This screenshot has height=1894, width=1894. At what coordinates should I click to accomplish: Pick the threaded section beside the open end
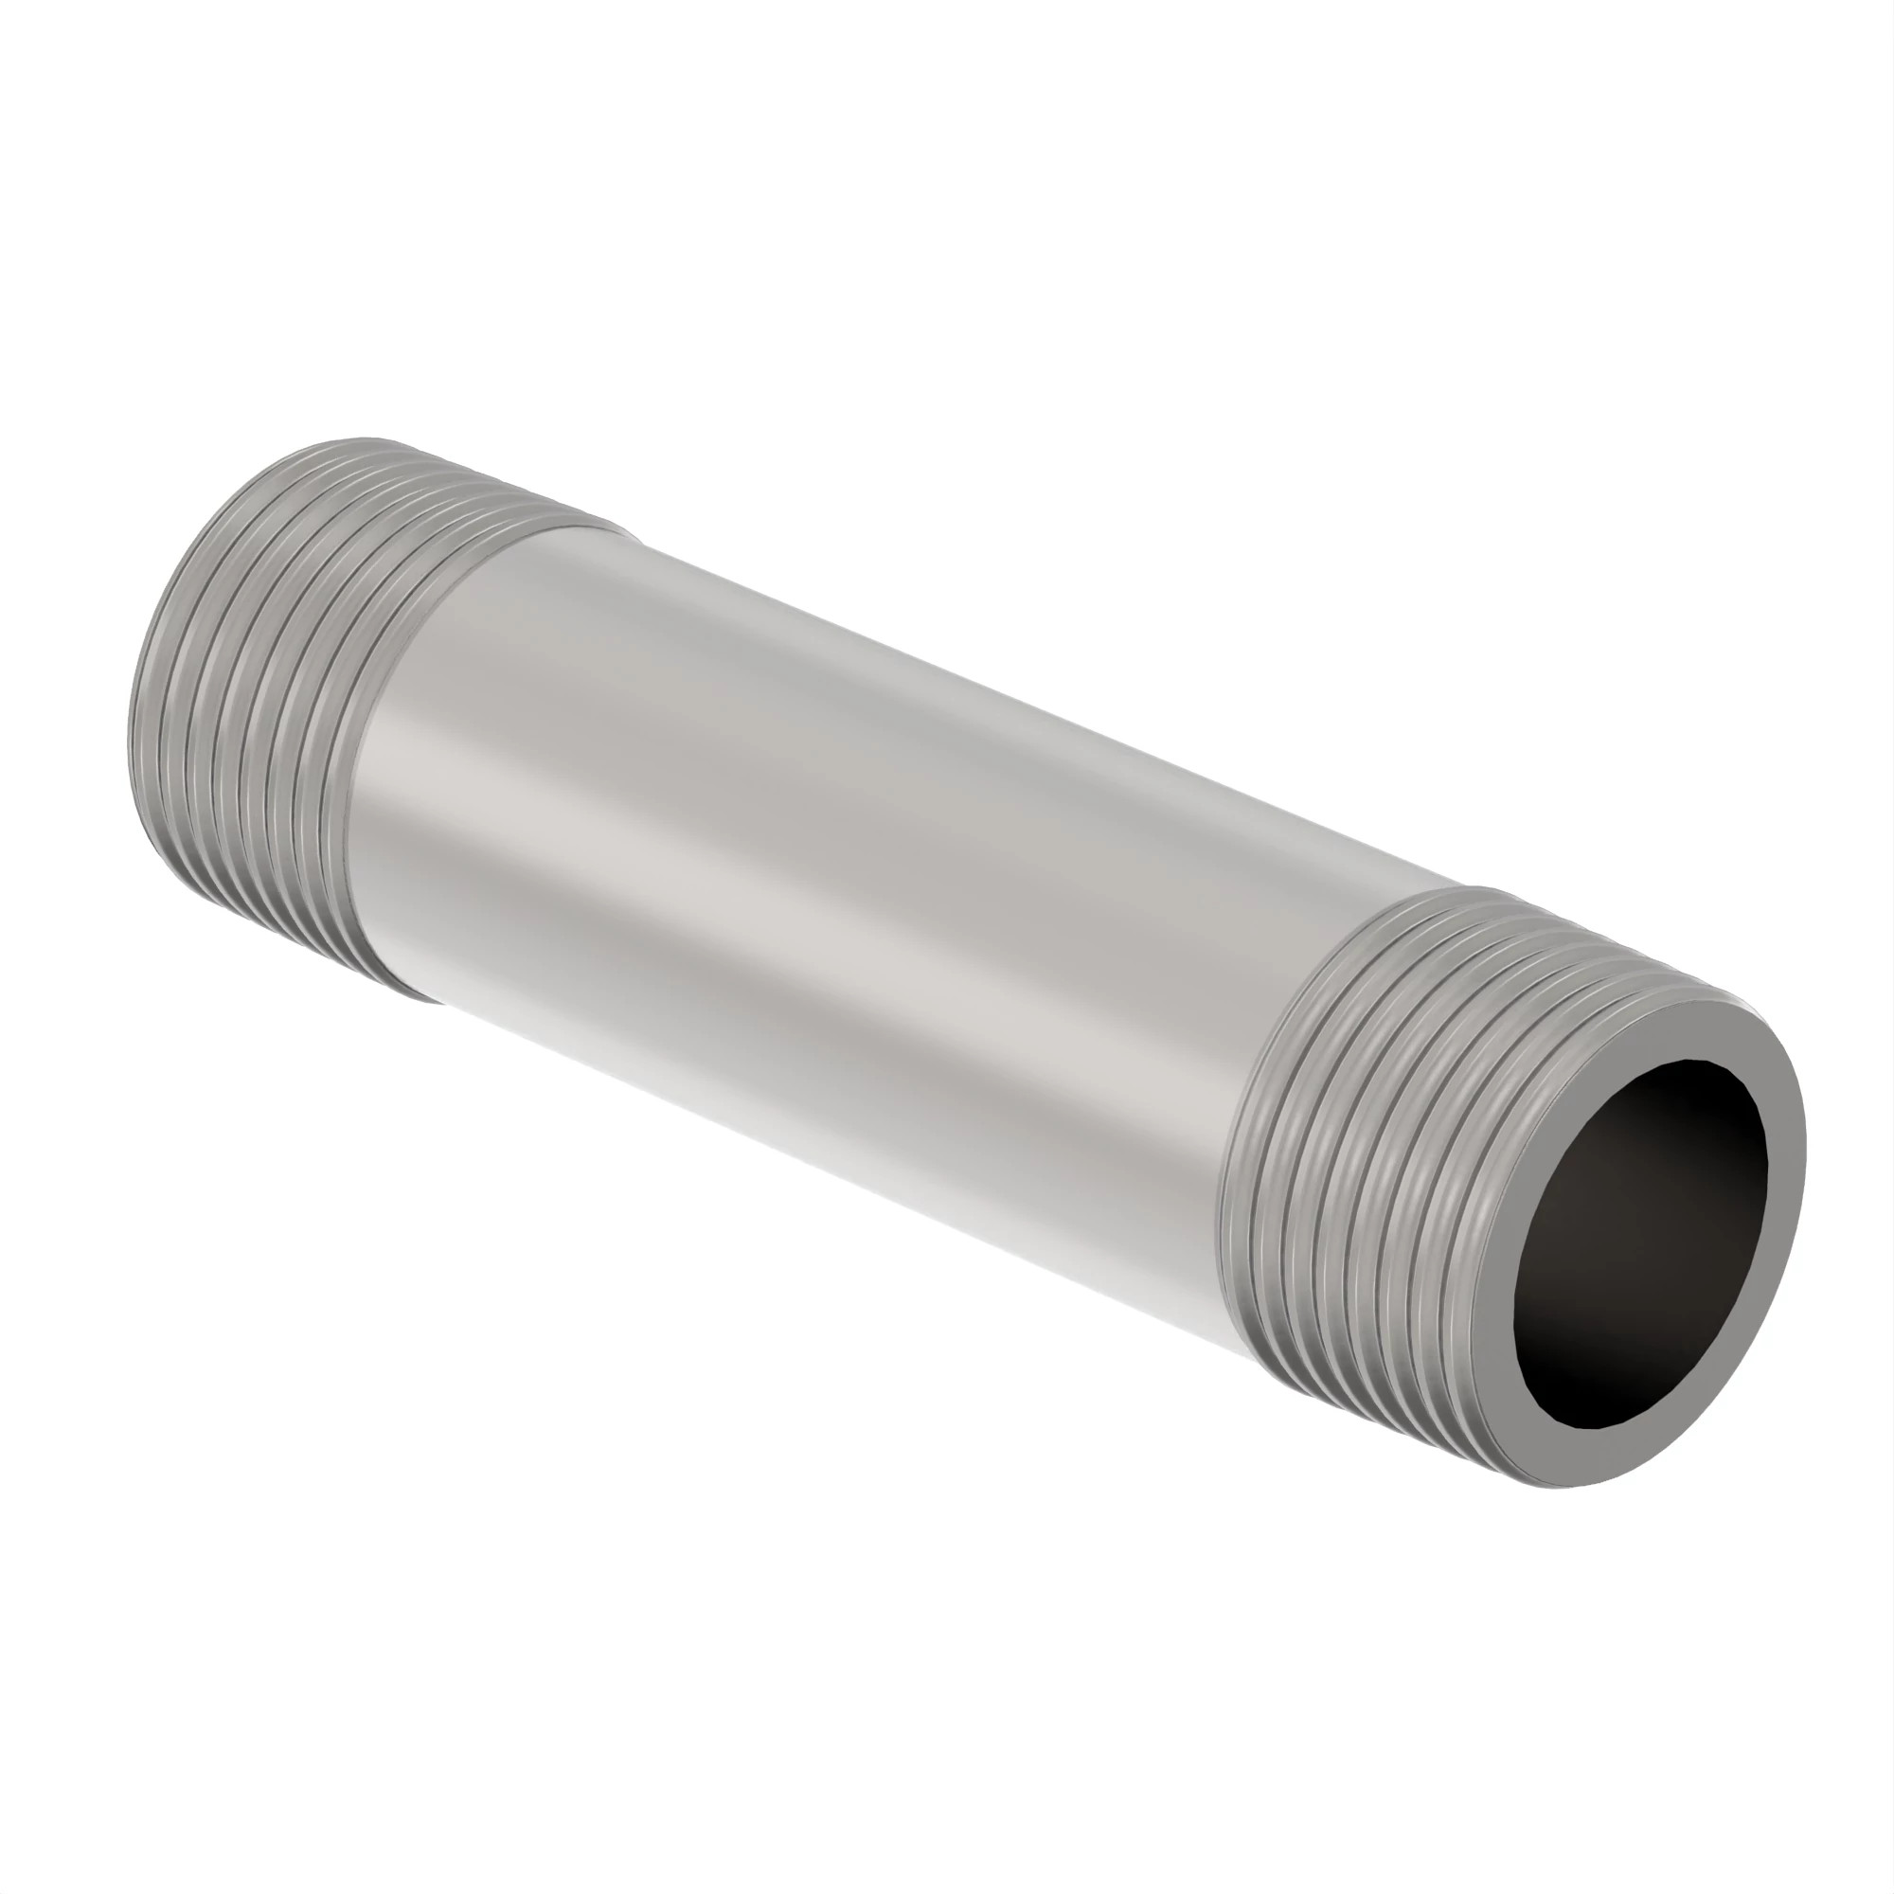(1392, 1127)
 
